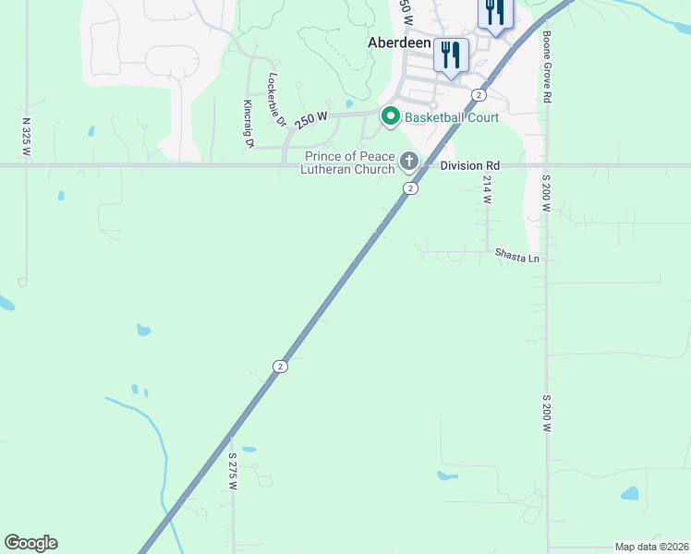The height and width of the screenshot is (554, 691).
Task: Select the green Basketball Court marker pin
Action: (390, 117)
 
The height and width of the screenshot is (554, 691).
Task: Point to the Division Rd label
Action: (469, 165)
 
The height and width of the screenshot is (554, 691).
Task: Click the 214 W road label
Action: (487, 191)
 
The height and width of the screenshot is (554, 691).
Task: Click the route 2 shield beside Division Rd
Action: (410, 188)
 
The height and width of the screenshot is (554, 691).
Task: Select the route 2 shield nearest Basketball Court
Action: (479, 95)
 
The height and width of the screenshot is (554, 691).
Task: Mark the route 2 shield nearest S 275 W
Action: (280, 367)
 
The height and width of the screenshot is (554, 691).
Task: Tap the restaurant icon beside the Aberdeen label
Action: (451, 54)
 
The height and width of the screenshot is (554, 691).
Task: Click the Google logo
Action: (30, 543)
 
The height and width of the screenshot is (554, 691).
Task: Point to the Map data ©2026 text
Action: (650, 547)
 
